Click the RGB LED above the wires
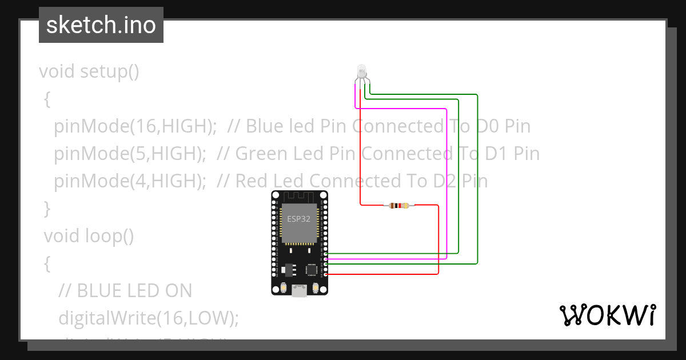pyautogui.click(x=361, y=71)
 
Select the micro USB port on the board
pyautogui.click(x=298, y=291)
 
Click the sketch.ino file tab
pyautogui.click(x=101, y=26)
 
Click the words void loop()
pyautogui.click(x=89, y=235)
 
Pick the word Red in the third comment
pyautogui.click(x=252, y=181)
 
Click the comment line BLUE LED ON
pyautogui.click(x=126, y=290)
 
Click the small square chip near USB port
pyautogui.click(x=312, y=269)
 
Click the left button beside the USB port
pyautogui.click(x=282, y=289)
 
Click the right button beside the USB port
pyautogui.click(x=316, y=289)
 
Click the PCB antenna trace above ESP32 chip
pyautogui.click(x=299, y=198)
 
